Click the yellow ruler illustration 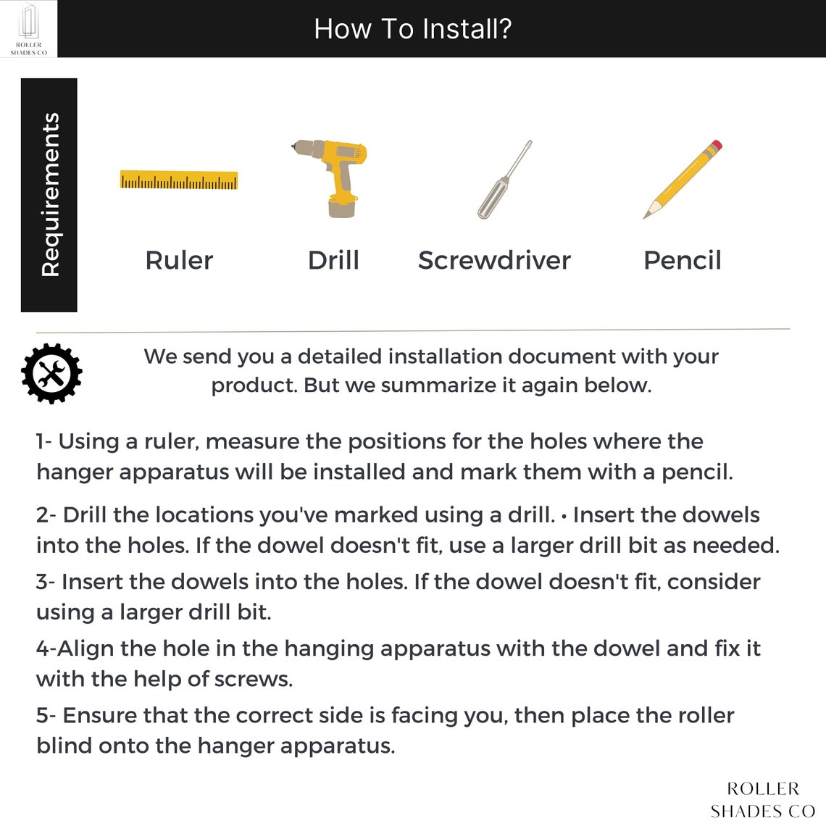[x=178, y=180]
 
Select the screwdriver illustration [x=505, y=180]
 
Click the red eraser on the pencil [x=716, y=146]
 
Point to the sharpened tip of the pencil [x=646, y=217]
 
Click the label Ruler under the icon [x=179, y=260]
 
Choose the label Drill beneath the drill [x=333, y=260]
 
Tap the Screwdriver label [x=494, y=260]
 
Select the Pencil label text [x=683, y=260]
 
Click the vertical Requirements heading [x=51, y=194]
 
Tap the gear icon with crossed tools [x=51, y=373]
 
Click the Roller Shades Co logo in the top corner [x=28, y=28]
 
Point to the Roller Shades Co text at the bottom [x=763, y=799]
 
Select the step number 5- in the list [x=46, y=715]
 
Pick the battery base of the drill [x=343, y=208]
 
